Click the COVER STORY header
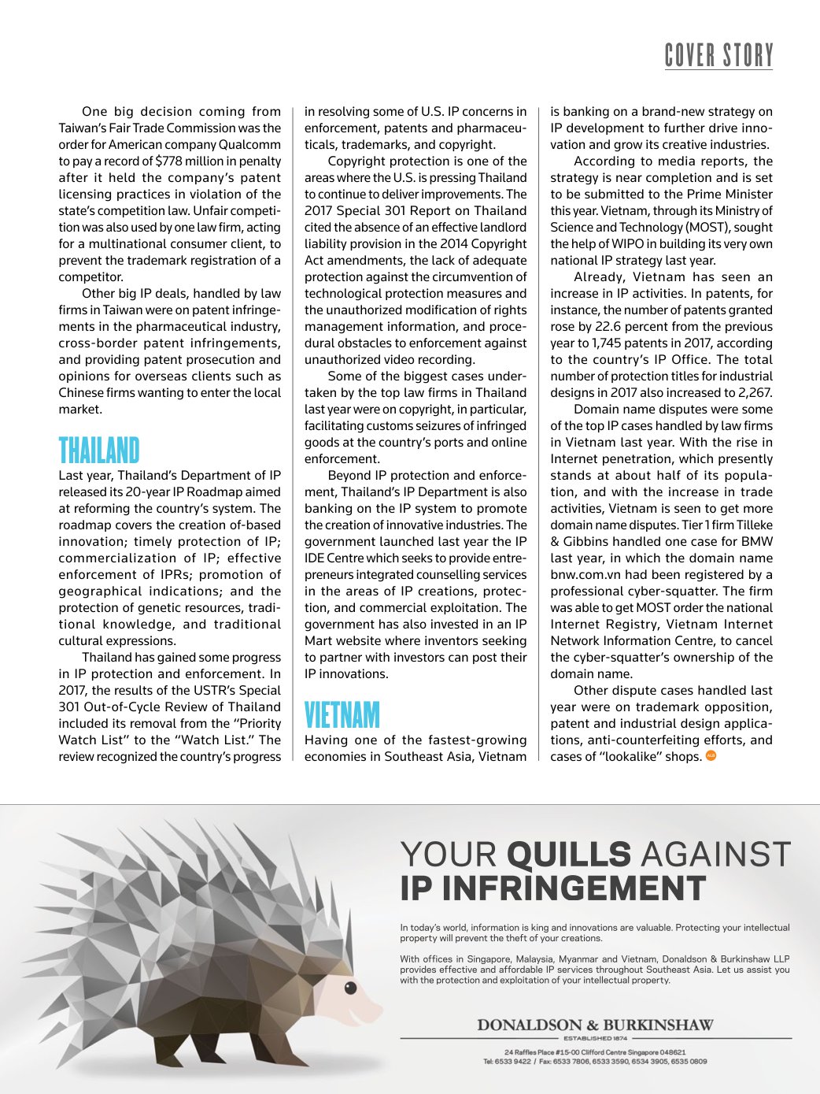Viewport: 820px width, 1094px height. coord(719,55)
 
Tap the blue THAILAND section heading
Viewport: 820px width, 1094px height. coord(99,450)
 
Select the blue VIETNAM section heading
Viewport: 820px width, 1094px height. coord(342,714)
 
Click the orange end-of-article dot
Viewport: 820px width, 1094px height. coord(711,756)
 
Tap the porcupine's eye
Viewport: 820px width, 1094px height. coord(351,987)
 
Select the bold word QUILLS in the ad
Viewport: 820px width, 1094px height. coord(569,855)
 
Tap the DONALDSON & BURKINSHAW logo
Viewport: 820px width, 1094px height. coord(595,1025)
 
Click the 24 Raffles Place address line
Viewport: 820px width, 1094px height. coord(595,1051)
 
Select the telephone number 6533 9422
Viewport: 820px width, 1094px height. coord(515,1061)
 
